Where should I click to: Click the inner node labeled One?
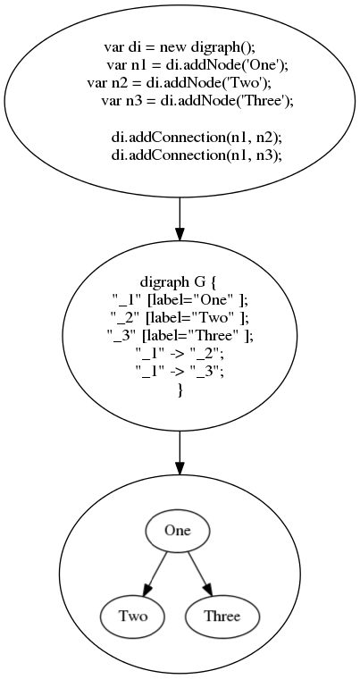coord(177,531)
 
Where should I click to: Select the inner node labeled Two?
coord(133,616)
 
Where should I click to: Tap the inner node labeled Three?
coord(222,616)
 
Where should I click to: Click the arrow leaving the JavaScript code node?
coord(180,219)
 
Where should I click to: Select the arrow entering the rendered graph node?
coord(180,453)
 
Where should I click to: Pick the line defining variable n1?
coord(197,65)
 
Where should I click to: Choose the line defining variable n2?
coord(179,83)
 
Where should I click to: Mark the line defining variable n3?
coord(197,101)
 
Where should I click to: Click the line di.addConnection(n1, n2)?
coord(197,137)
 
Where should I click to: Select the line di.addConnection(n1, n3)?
coord(197,155)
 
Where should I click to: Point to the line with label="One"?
coord(180,299)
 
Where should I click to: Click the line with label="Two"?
coord(180,317)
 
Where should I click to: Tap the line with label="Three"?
coord(180,336)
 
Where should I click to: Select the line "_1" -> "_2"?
coord(180,354)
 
